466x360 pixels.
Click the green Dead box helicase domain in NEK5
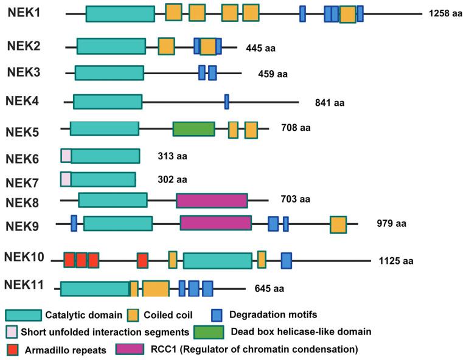193,129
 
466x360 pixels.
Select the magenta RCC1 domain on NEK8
212,200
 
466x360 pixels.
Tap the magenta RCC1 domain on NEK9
215,223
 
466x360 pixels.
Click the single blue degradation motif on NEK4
226,102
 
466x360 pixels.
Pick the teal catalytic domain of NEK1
120,14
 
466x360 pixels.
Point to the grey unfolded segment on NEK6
66,156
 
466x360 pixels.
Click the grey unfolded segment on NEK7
66,179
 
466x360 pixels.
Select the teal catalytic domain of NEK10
217,260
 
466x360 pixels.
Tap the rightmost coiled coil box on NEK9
338,224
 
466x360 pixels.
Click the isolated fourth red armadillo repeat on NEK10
142,260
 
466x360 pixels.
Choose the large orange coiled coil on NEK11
155,288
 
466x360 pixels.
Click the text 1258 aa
445,13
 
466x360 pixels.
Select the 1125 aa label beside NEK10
395,261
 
